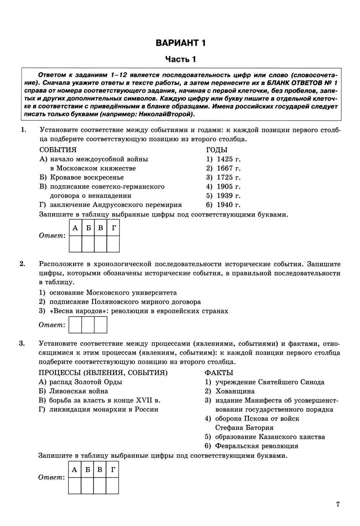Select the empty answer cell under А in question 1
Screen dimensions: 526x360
(x=75, y=244)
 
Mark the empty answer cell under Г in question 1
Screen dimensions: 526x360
(x=113, y=244)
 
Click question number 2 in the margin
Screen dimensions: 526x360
(x=22, y=264)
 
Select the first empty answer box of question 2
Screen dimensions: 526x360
(x=75, y=325)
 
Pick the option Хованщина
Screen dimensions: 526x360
(x=235, y=391)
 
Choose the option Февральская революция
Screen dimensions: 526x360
(x=256, y=446)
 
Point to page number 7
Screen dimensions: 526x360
(x=338, y=504)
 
